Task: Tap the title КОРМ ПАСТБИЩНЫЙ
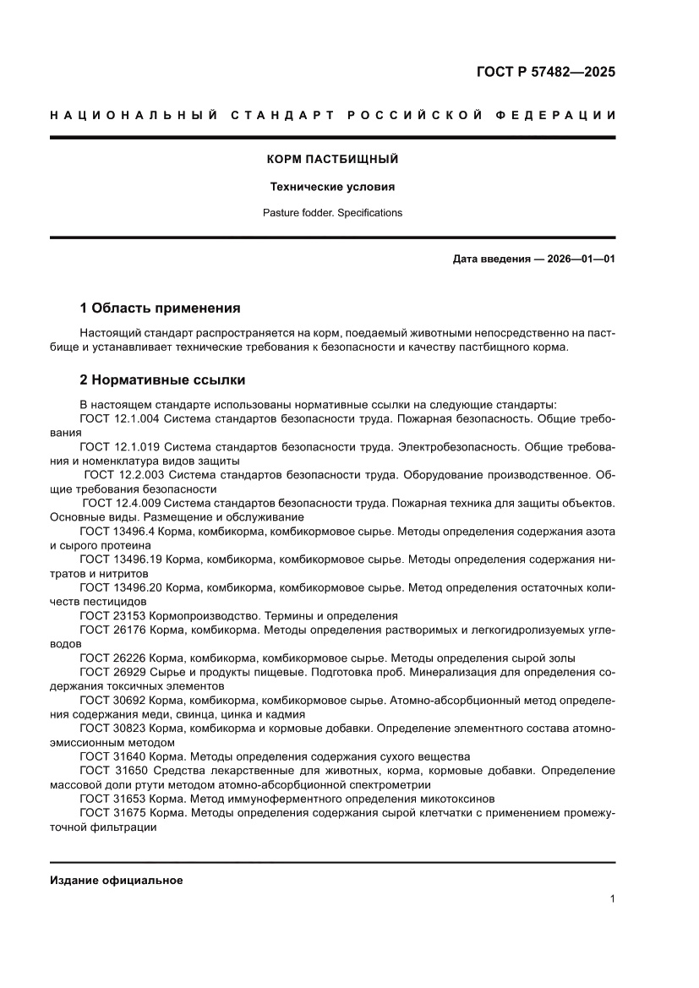(332, 159)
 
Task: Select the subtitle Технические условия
(332, 187)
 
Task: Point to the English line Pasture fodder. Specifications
(332, 213)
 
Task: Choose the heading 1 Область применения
(160, 308)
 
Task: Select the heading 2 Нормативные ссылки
(162, 380)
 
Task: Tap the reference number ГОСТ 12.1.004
(119, 419)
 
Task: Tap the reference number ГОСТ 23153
(112, 615)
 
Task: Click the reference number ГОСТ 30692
(112, 700)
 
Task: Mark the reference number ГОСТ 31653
(112, 798)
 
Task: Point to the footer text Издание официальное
(117, 880)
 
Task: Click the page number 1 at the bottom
(612, 899)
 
